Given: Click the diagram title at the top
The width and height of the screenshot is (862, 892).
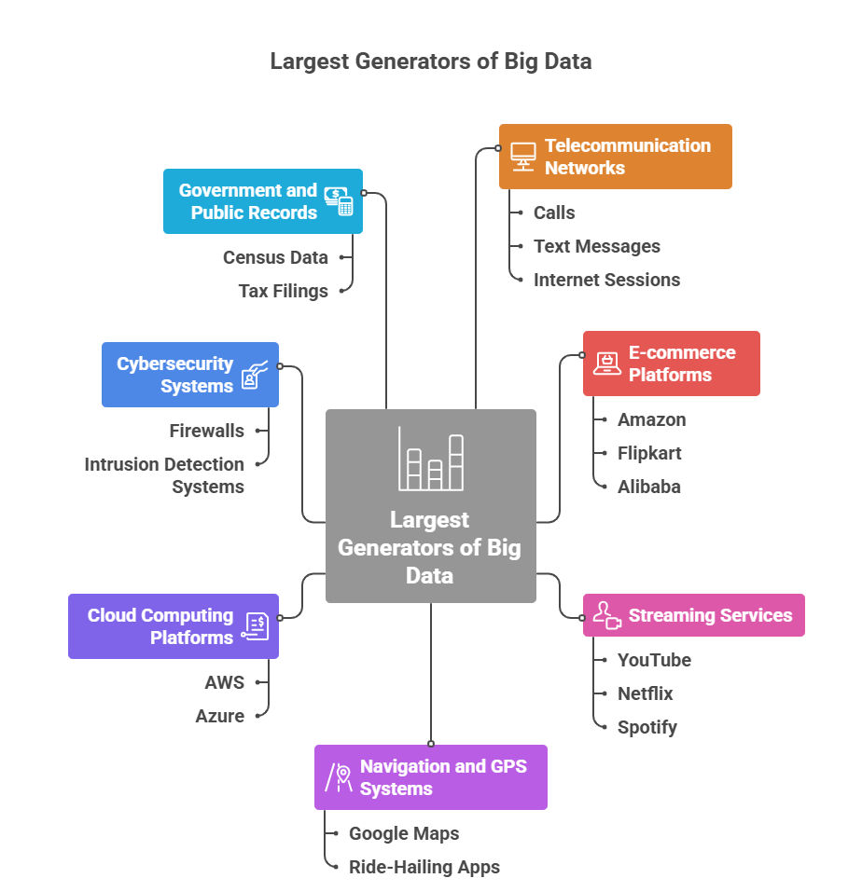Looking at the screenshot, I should [430, 62].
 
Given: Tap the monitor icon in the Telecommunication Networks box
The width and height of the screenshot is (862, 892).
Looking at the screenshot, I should [522, 157].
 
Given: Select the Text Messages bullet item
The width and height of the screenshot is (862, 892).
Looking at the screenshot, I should [596, 246].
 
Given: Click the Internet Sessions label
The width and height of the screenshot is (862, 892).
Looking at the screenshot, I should [606, 280].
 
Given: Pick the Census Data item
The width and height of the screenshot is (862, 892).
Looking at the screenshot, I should [275, 257].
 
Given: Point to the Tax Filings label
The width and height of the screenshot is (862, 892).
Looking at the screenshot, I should [283, 291].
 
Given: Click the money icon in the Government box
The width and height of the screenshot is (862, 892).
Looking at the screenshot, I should [339, 201].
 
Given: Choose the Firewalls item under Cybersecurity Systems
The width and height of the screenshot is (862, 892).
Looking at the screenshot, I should [206, 431].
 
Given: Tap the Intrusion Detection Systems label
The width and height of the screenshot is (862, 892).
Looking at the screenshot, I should [164, 475].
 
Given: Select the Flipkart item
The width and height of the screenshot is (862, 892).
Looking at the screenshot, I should [649, 453].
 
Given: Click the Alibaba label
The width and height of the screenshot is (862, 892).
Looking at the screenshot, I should [648, 487].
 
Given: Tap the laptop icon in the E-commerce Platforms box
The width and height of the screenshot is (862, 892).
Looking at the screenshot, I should [607, 364].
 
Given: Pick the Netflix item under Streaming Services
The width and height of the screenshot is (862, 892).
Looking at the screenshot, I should [645, 693].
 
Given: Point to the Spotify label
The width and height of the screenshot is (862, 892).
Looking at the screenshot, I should [646, 727].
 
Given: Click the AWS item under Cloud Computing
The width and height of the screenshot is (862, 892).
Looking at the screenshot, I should [224, 682].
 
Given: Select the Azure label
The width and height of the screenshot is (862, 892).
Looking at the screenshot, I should [219, 716].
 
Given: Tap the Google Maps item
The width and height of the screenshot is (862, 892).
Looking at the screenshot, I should [404, 833].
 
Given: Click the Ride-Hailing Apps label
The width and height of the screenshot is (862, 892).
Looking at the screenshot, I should [424, 867].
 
